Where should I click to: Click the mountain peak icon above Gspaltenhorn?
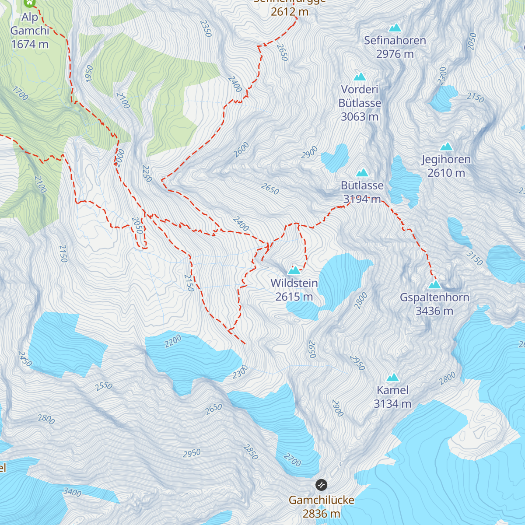coord(434,285)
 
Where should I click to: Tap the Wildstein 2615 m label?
coord(294,290)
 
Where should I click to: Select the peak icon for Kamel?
coord(392,378)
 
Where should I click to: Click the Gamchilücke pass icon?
coord(321,485)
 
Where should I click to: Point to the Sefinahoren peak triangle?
coord(395,28)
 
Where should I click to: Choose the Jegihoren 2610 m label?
coord(446,166)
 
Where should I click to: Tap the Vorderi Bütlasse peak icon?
coord(360,77)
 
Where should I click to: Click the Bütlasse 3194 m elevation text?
coord(362,199)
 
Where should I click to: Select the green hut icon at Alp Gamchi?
coord(30,3)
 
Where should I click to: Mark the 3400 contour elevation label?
coord(72,492)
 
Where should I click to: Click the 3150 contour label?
coord(474,258)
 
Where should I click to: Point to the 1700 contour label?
coord(20,93)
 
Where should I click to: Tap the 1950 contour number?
coord(89,73)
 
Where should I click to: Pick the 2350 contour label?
coord(206,28)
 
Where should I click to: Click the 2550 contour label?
coord(104,386)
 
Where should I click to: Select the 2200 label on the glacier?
coord(173,341)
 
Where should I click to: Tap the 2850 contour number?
coord(250,452)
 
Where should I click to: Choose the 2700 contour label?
coord(292,460)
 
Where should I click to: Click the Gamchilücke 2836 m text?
coord(321,507)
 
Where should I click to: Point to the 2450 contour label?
coord(25,359)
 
